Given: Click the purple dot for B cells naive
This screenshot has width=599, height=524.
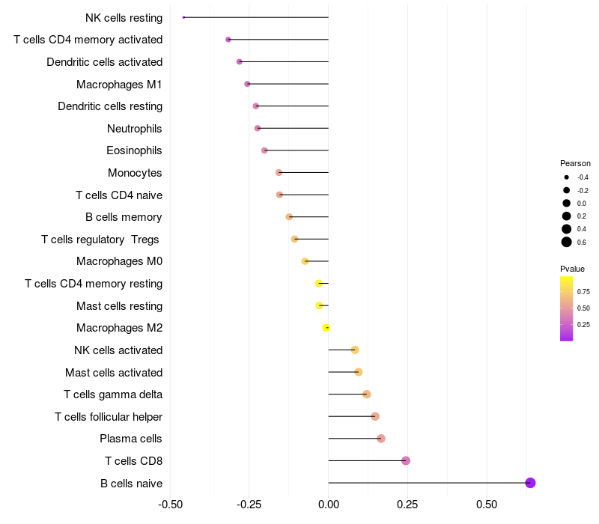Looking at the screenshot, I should coord(530,483).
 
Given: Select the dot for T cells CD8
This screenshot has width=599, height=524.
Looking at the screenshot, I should coord(406,460).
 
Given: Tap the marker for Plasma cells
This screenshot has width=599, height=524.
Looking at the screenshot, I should coord(381,439).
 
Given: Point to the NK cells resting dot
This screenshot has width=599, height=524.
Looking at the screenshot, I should coord(183,17).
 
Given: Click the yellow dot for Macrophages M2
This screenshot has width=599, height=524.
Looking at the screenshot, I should coord(326,328).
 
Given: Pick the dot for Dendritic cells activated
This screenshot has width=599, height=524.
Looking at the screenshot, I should coord(239,61).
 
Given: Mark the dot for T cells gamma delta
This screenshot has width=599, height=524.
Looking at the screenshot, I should coord(366,394).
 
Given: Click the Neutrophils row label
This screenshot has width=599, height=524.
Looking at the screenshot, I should coord(135,129).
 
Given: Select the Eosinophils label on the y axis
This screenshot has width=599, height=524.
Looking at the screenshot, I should coord(135,150).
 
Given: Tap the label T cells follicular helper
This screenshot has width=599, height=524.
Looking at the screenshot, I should coord(109,417).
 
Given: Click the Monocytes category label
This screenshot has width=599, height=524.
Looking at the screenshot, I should coord(135,173).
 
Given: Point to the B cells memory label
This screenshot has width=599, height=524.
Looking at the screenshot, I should coord(124,217).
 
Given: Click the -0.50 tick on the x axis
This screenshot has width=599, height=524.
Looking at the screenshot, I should coord(170,505).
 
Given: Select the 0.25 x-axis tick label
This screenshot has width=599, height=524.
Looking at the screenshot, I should coord(407,505).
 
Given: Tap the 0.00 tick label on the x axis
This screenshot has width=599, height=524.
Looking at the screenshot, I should coord(329,505).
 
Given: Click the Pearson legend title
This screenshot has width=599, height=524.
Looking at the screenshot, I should coord(575,163).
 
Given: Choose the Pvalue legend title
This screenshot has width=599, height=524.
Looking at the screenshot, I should coord(572,269).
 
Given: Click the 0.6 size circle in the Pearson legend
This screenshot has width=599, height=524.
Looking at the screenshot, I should coord(567,242).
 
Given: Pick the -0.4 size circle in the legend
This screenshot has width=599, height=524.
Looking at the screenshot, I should coord(567,177).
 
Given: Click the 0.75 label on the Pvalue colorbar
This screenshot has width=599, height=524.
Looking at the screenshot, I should coord(583,292).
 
